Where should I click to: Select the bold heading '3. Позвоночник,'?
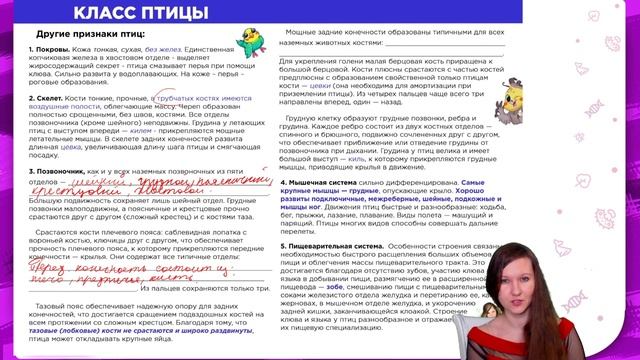click(x=61, y=172)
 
